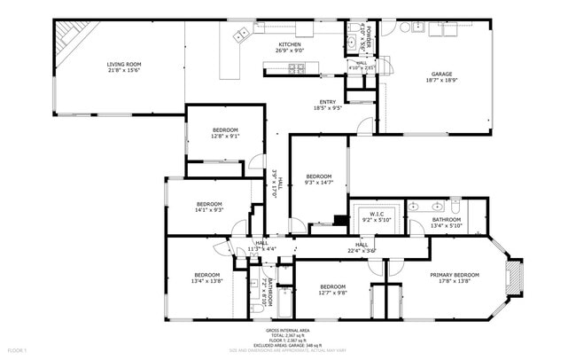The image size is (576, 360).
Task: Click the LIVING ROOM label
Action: (x=124, y=64)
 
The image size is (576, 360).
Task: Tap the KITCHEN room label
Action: (x=291, y=44)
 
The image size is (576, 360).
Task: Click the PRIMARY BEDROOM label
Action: (x=455, y=275)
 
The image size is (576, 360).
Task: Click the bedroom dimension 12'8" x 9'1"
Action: (x=224, y=137)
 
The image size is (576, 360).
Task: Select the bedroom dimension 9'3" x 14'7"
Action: (x=319, y=182)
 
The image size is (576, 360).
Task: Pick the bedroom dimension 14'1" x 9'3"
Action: (x=209, y=210)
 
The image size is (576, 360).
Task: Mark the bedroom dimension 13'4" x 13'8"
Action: (x=206, y=280)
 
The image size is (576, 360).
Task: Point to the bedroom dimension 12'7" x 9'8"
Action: (x=332, y=292)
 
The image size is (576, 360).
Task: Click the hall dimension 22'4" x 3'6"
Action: (x=362, y=250)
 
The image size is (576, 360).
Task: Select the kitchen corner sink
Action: (x=241, y=35)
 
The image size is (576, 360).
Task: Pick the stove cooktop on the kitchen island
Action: (x=297, y=68)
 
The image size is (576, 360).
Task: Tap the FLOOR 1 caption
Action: (x=17, y=351)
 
